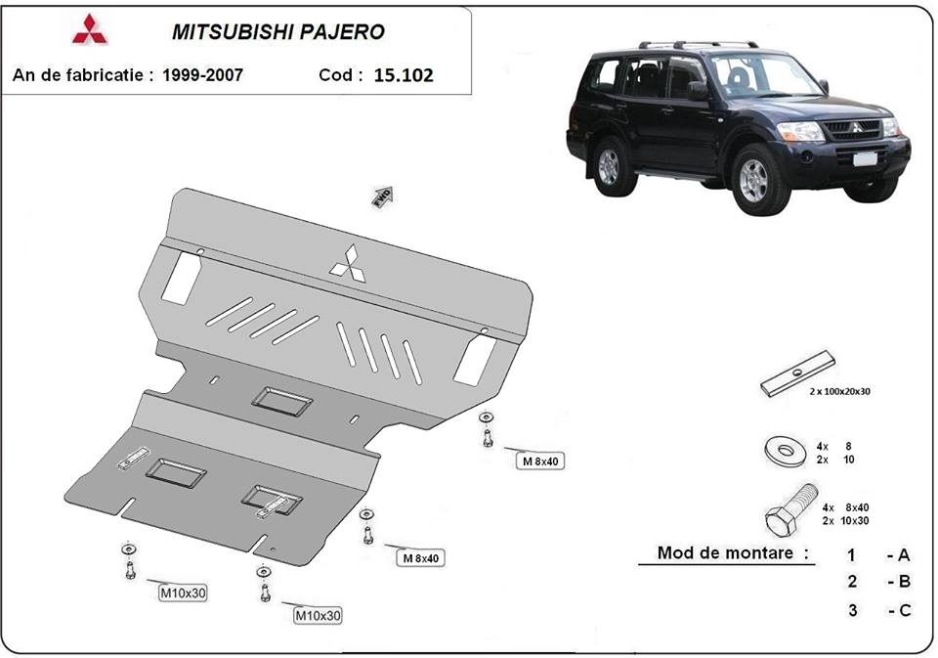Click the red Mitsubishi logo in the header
[91, 30]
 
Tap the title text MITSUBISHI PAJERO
[277, 31]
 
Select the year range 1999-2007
[203, 73]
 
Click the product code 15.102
[404, 74]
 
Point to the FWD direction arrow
[382, 196]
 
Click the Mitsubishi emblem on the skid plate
[347, 262]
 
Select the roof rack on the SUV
[698, 45]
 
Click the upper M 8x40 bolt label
[543, 461]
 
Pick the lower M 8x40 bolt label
[421, 558]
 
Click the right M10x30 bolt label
[319, 615]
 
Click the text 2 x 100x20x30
[839, 391]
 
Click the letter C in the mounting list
[904, 611]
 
